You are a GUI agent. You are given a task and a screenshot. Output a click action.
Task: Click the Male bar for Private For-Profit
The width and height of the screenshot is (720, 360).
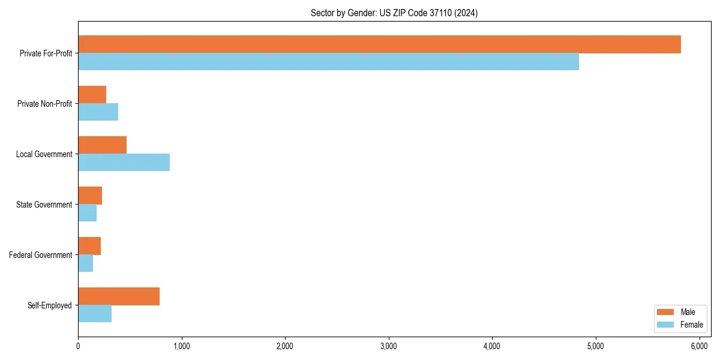pyautogui.click(x=379, y=44)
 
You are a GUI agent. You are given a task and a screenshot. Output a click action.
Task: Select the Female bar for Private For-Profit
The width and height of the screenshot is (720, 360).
pyautogui.click(x=328, y=62)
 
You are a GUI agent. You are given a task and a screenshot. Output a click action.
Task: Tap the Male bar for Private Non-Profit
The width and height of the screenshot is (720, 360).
pyautogui.click(x=92, y=95)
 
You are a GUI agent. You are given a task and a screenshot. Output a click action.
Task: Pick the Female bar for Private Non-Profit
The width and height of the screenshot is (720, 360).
pyautogui.click(x=98, y=112)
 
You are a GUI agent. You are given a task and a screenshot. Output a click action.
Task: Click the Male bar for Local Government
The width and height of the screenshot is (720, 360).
pyautogui.click(x=102, y=145)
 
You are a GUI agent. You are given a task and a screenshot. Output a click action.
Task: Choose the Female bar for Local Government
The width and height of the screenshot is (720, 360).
pyautogui.click(x=124, y=163)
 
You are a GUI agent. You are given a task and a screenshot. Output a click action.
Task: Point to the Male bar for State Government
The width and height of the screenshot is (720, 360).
pyautogui.click(x=90, y=196)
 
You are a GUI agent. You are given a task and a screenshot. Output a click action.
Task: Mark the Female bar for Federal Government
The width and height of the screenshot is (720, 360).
pyautogui.click(x=85, y=263)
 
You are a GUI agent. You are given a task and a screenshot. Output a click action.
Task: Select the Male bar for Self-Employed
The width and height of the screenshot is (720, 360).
pyautogui.click(x=119, y=296)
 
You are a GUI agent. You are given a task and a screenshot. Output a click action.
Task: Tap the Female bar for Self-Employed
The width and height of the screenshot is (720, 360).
pyautogui.click(x=95, y=314)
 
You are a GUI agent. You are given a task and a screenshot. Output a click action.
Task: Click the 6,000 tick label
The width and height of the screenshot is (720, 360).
pyautogui.click(x=699, y=346)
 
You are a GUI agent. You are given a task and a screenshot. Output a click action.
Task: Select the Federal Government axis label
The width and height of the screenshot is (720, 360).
pyautogui.click(x=41, y=255)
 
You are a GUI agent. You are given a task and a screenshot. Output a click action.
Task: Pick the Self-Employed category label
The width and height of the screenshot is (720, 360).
pyautogui.click(x=50, y=305)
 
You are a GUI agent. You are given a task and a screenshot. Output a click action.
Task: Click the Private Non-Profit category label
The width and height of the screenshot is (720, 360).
pyautogui.click(x=45, y=104)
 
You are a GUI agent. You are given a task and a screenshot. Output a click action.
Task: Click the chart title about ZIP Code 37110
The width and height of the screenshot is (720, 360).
pyautogui.click(x=394, y=13)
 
